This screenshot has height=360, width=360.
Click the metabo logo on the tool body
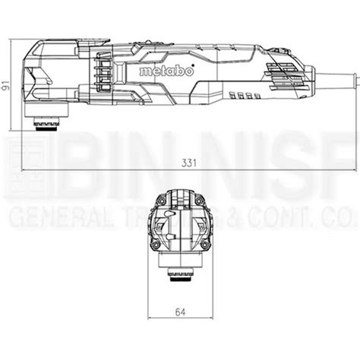point(160,70)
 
